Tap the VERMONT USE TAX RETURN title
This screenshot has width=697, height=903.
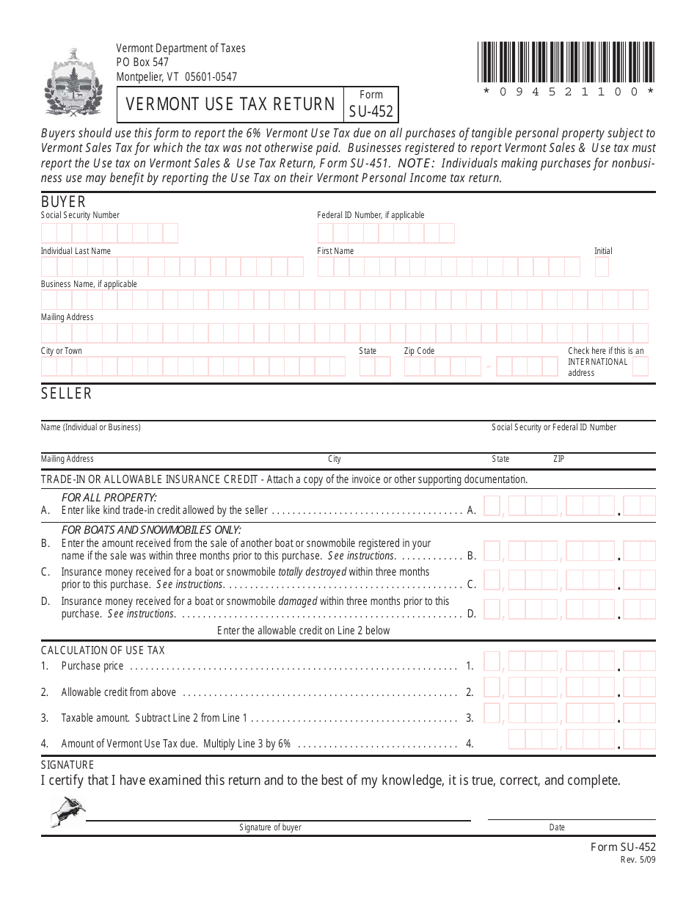[x=230, y=104]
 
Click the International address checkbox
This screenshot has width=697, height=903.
[x=641, y=367]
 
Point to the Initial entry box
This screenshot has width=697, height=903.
[x=602, y=267]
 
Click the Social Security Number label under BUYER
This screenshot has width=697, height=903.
[x=80, y=215]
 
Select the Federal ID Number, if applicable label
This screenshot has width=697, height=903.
[x=371, y=215]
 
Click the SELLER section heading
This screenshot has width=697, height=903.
[x=66, y=394]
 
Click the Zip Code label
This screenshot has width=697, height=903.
[x=419, y=351]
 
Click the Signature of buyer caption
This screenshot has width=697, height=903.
[x=270, y=827]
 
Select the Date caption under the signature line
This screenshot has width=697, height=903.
[x=557, y=827]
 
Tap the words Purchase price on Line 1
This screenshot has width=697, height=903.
[x=92, y=666]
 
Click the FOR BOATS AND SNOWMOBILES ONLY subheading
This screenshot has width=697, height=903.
[x=151, y=530]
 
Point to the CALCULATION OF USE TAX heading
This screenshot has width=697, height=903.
[x=103, y=650]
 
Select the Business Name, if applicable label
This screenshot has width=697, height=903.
[x=89, y=284]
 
